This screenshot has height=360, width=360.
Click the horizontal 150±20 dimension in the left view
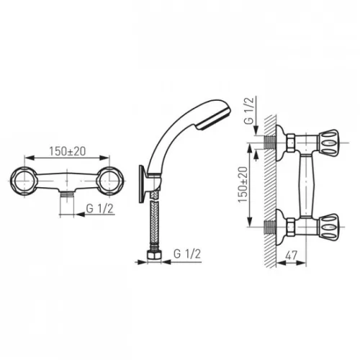click(x=68, y=151)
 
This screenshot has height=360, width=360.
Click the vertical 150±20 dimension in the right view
click(x=243, y=184)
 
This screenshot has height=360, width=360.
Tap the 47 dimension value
click(x=292, y=256)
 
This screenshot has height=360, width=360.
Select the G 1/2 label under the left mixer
click(x=99, y=209)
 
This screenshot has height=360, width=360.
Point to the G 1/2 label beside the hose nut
click(x=187, y=254)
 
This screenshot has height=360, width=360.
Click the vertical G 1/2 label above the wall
click(x=248, y=111)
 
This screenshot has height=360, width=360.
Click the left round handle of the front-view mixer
click(x=24, y=181)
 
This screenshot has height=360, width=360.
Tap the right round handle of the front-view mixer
click(x=109, y=181)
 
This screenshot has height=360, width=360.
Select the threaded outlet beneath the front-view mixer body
click(x=66, y=194)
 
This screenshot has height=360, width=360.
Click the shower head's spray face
click(x=215, y=120)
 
